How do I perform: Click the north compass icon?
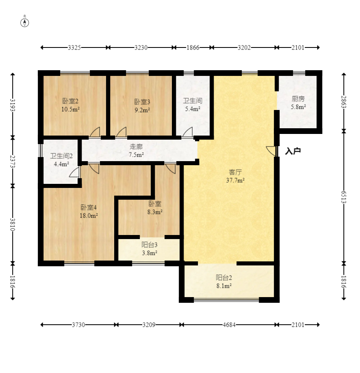coord(24,23)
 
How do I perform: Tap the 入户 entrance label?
coord(293,151)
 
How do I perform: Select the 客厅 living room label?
coord(235,172)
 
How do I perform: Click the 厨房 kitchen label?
coord(298,99)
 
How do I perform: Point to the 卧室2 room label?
coord(70,101)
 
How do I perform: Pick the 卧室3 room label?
coord(142,102)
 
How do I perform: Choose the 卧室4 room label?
coord(89,207)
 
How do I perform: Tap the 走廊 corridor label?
coord(136,147)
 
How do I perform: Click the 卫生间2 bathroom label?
coord(61,156)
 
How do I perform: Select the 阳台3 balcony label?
coord(150,245)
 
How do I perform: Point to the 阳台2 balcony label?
coord(224,278)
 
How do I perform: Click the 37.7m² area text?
coord(235,180)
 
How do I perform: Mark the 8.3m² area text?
coord(155,212)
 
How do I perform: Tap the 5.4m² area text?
coord(193,109)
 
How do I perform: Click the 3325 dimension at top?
coord(74,47)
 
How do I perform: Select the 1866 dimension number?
coord(193,47)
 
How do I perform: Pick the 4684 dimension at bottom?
coord(229,325)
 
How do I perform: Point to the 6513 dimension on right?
coord(344,197)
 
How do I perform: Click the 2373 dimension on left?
coord(13,161)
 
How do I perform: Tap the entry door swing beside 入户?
coord(271,151)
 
